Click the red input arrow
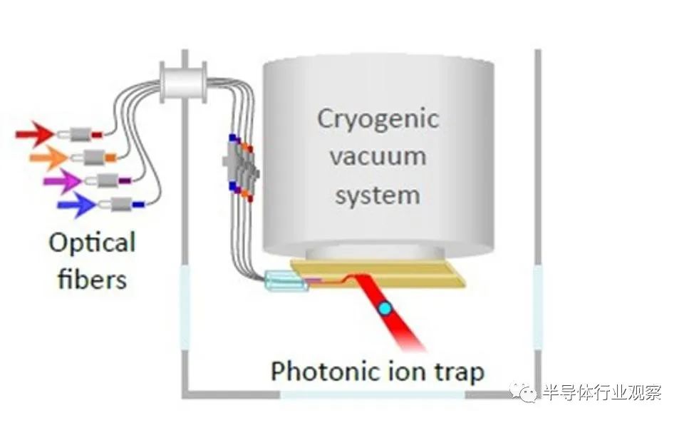tap(35, 133)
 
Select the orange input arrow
tap(48, 157)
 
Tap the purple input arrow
tap(63, 180)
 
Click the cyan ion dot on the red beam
tap(385, 309)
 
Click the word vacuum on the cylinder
tap(378, 156)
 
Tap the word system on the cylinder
tap(378, 195)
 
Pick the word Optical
tap(92, 243)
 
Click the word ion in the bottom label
tap(407, 371)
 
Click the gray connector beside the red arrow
tap(81, 134)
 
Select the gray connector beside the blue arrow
tap(122, 204)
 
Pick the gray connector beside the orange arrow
tap(94, 157)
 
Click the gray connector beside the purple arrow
tap(108, 180)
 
